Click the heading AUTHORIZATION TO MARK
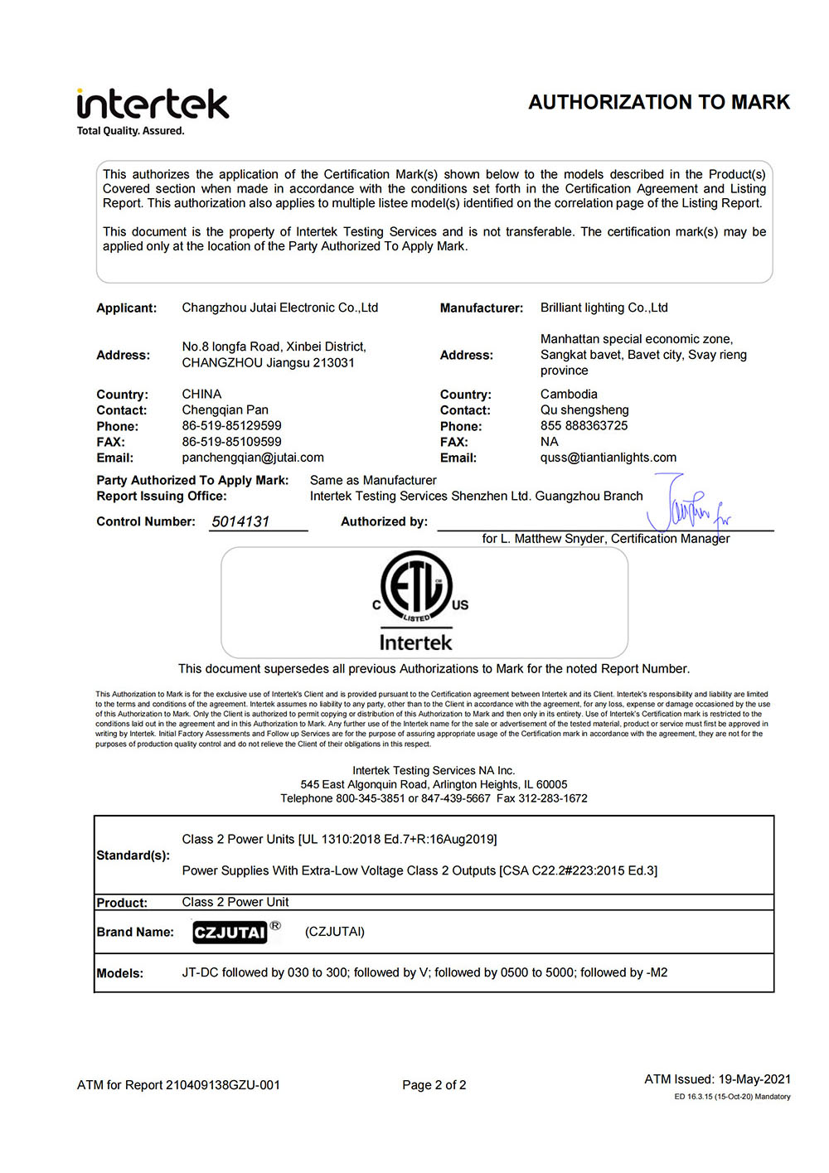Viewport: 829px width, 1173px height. [659, 102]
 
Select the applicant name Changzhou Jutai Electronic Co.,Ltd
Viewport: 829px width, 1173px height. [279, 308]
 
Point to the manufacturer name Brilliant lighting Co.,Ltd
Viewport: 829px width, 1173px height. [604, 308]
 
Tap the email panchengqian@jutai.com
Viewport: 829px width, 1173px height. [253, 458]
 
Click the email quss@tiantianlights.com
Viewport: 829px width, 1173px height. [608, 458]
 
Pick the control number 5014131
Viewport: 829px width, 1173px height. [240, 521]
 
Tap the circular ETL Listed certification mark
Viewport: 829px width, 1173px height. [416, 587]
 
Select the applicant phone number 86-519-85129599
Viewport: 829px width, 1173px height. [231, 426]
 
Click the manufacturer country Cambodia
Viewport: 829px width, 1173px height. [569, 394]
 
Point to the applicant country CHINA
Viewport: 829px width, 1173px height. [201, 394]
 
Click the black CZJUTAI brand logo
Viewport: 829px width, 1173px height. [230, 933]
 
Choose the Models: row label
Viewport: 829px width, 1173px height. [120, 973]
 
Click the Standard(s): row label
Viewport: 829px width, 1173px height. [133, 856]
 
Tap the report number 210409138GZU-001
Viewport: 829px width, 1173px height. [223, 1085]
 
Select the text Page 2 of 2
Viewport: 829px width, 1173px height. [434, 1085]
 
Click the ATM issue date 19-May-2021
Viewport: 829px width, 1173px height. [754, 1079]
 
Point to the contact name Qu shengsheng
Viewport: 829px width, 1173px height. [584, 410]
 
